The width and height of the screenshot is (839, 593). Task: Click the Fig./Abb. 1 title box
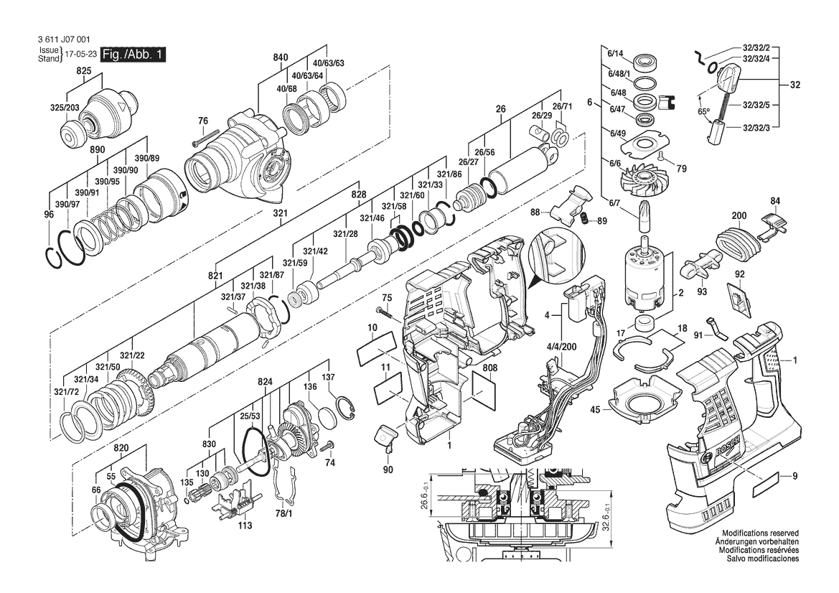click(133, 55)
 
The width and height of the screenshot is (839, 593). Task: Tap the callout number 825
click(84, 71)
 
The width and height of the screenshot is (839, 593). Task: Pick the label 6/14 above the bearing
click(616, 53)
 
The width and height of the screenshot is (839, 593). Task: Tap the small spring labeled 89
click(586, 219)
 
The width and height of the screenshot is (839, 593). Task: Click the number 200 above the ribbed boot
click(739, 215)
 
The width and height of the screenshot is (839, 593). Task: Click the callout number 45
click(595, 410)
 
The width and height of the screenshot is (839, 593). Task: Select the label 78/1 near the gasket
click(283, 513)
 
